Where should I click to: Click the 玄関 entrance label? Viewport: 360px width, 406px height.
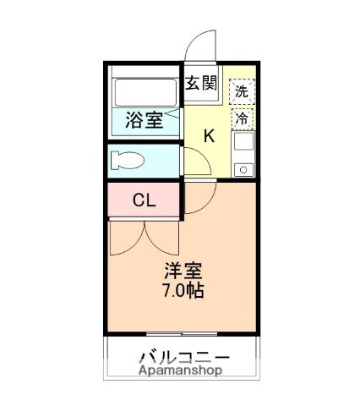pyautogui.click(x=202, y=83)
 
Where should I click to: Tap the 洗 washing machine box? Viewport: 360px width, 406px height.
pyautogui.click(x=242, y=91)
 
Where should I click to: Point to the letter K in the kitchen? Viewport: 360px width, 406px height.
pyautogui.click(x=209, y=134)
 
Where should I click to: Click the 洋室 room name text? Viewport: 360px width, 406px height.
pyautogui.click(x=182, y=272)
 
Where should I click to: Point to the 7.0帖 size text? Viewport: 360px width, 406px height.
pyautogui.click(x=182, y=292)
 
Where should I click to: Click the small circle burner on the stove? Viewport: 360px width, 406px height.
pyautogui.click(x=243, y=170)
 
